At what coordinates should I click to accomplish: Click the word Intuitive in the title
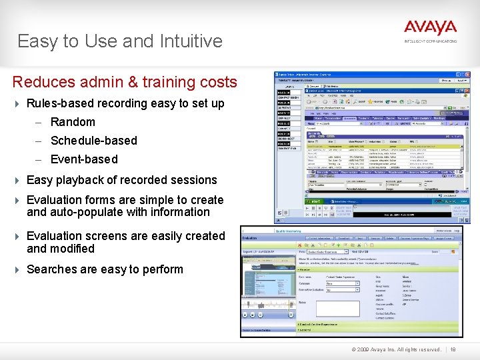(191, 41)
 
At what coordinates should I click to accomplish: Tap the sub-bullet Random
(73, 122)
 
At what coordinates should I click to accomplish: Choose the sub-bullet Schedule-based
(93, 141)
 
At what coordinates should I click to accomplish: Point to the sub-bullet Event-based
(83, 159)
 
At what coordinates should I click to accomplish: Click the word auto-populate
(88, 212)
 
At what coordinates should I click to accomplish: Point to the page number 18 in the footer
(453, 349)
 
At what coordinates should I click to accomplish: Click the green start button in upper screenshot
(313, 200)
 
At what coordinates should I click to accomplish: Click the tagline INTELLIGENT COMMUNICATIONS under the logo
(430, 41)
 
